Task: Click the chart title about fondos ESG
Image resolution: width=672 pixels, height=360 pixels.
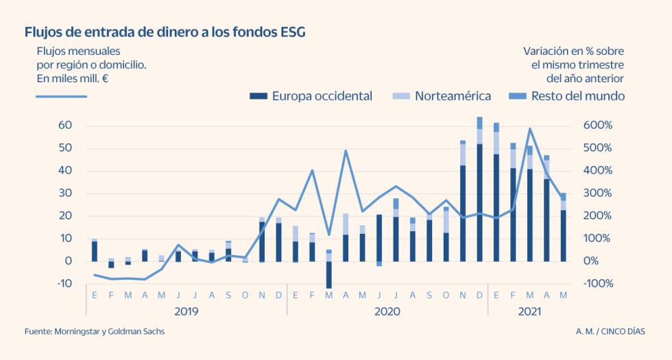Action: pyautogui.click(x=165, y=32)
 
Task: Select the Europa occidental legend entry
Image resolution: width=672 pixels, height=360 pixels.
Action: pyautogui.click(x=311, y=96)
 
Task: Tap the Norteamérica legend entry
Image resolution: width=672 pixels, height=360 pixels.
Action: pyautogui.click(x=443, y=96)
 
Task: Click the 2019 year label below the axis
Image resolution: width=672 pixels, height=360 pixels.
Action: pyautogui.click(x=187, y=312)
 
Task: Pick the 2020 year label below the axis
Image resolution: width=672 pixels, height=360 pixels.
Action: pyautogui.click(x=387, y=312)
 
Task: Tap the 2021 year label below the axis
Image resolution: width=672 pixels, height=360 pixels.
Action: pyautogui.click(x=528, y=312)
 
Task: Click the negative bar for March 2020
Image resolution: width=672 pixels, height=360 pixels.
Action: pyautogui.click(x=328, y=274)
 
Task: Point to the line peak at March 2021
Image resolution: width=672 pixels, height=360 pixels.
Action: pyautogui.click(x=529, y=129)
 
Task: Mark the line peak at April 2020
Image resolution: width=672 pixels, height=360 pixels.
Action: pyautogui.click(x=346, y=151)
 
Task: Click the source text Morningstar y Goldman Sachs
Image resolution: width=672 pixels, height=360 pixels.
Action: pyautogui.click(x=95, y=332)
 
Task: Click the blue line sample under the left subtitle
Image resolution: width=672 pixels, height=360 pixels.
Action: pyautogui.click(x=61, y=96)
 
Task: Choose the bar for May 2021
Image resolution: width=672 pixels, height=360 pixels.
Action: pyautogui.click(x=563, y=233)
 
